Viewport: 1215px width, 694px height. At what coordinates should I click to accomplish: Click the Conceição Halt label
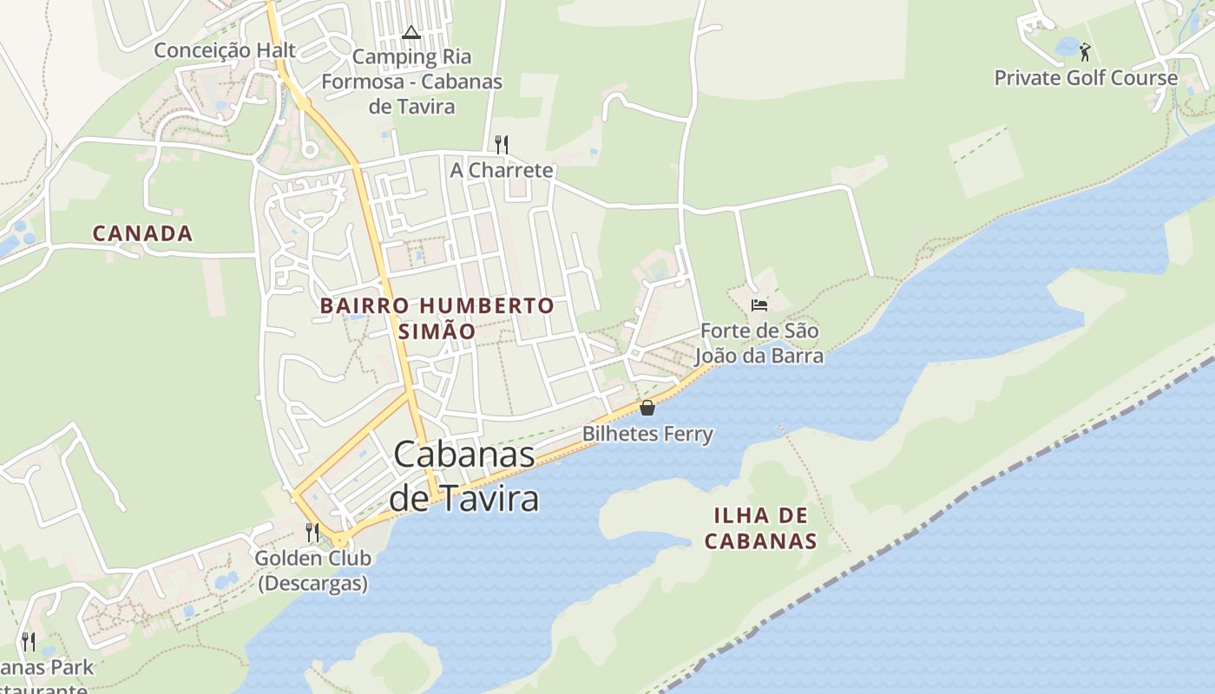point(225,50)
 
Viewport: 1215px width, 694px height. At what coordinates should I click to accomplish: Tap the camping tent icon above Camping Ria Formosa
point(411,33)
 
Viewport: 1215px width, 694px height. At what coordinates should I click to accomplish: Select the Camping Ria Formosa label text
point(411,82)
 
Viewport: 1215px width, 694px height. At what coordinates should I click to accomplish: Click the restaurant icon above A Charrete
point(501,144)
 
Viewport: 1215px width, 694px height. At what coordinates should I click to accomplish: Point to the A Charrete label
point(501,170)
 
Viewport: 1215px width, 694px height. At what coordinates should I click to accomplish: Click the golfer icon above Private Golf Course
point(1085,52)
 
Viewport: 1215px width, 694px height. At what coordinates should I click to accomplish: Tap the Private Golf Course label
point(1086,78)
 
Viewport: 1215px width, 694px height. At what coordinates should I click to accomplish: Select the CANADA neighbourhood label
point(142,233)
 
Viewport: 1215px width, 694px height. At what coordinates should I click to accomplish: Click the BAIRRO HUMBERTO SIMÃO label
point(437,318)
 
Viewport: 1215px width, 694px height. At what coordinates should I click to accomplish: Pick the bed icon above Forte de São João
point(759,305)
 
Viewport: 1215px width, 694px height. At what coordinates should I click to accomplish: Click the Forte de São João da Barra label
point(759,344)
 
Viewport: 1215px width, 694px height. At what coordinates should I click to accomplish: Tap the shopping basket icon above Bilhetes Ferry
point(647,408)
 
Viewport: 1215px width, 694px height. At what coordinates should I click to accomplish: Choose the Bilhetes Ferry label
point(647,434)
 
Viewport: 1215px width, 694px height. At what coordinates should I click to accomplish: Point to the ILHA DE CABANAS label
point(760,528)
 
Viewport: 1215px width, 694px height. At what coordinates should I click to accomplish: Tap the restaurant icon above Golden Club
point(312,532)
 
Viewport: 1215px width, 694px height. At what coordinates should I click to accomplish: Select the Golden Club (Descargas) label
point(312,570)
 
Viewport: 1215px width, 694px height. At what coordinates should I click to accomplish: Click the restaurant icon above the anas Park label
point(29,642)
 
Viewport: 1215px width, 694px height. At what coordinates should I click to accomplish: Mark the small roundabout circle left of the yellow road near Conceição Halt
point(309,150)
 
